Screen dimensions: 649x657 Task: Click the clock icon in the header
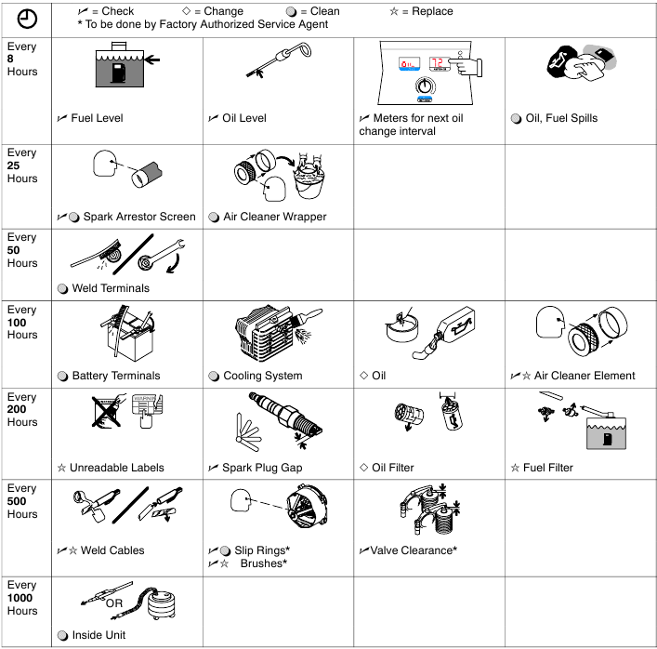click(x=27, y=19)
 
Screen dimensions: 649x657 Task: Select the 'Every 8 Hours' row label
click(x=21, y=59)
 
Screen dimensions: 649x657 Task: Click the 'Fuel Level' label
click(x=96, y=118)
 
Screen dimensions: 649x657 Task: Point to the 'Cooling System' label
click(x=262, y=376)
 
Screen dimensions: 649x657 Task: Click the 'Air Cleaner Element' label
click(x=584, y=376)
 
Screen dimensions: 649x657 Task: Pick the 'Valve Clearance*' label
click(x=414, y=550)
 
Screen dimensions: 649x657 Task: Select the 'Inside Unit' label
click(x=104, y=636)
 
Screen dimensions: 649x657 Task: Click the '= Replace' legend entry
click(x=427, y=11)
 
